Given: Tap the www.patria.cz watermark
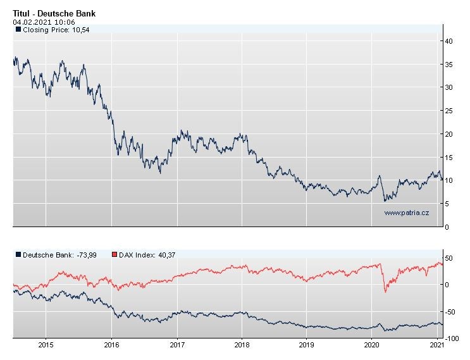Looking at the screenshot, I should click(x=406, y=213).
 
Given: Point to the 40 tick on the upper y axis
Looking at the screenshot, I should click(x=448, y=40).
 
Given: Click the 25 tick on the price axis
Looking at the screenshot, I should click(x=448, y=111).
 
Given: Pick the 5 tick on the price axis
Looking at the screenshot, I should click(x=447, y=204).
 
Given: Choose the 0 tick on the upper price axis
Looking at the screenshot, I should click(x=447, y=227).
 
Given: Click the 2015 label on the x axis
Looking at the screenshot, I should click(x=46, y=345).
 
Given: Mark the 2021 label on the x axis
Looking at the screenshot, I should click(x=436, y=345).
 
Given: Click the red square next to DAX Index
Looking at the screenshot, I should click(x=114, y=254).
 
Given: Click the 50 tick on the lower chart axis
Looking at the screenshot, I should click(x=448, y=258).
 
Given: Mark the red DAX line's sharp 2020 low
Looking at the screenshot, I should click(x=385, y=292).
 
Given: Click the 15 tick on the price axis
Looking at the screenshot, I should click(x=448, y=157).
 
